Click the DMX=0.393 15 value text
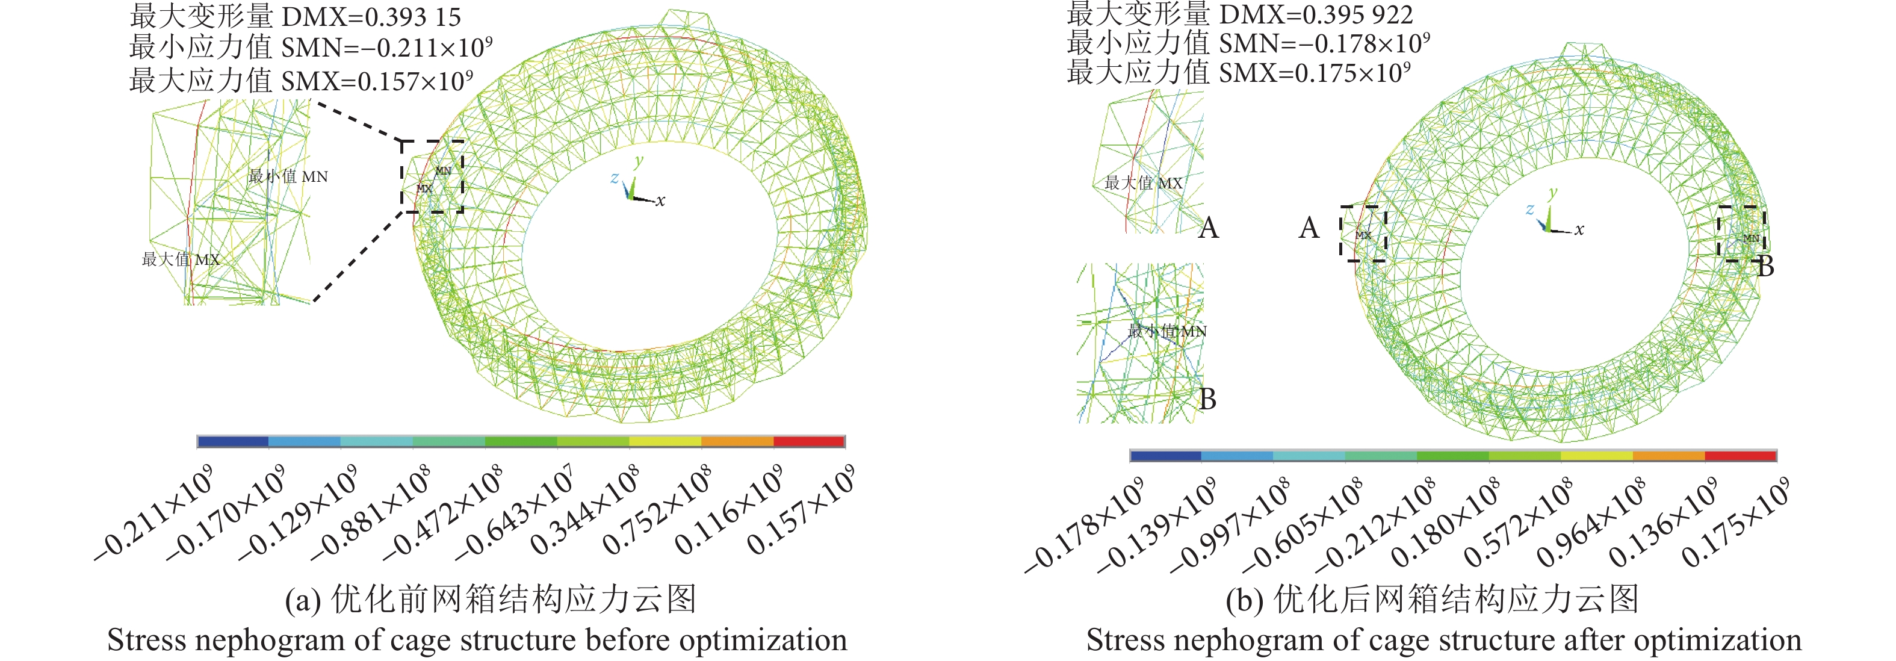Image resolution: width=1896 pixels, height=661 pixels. click(372, 17)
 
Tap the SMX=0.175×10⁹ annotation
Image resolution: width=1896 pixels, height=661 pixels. click(1315, 73)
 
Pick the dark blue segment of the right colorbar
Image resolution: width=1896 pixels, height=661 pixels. click(1165, 456)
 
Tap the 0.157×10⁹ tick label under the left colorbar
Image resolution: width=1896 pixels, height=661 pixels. click(801, 510)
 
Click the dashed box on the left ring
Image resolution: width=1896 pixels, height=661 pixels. click(432, 176)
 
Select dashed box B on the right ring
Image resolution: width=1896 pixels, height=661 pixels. click(1741, 234)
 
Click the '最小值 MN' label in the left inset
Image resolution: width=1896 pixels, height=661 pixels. click(288, 176)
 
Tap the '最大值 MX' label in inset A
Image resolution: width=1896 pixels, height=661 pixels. click(1143, 183)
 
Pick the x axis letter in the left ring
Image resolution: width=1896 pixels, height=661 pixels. click(660, 201)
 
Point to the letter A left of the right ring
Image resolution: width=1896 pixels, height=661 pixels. click(1308, 228)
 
